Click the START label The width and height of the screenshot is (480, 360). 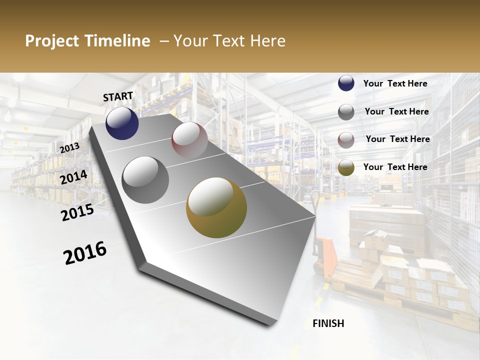pyautogui.click(x=118, y=96)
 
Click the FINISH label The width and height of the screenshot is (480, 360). pyautogui.click(x=328, y=323)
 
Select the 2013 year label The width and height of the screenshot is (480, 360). pyautogui.click(x=69, y=147)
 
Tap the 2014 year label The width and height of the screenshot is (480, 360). pyautogui.click(x=73, y=177)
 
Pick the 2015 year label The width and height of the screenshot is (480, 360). pyautogui.click(x=77, y=212)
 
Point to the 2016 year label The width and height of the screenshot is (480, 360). pyautogui.click(x=85, y=253)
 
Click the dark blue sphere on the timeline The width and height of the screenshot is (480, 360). pyautogui.click(x=122, y=123)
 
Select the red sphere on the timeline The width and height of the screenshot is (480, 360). pyautogui.click(x=189, y=139)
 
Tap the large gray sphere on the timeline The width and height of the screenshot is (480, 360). pyautogui.click(x=145, y=180)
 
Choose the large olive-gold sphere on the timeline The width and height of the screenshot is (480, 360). pyautogui.click(x=216, y=207)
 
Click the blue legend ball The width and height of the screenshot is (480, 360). pyautogui.click(x=346, y=83)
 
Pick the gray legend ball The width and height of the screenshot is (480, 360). pyautogui.click(x=346, y=112)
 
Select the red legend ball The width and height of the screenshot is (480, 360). pyautogui.click(x=346, y=140)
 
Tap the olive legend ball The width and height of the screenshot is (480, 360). pyautogui.click(x=346, y=168)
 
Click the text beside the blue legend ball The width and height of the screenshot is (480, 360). pyautogui.click(x=395, y=83)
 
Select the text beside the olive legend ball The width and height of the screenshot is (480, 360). pyautogui.click(x=395, y=167)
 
